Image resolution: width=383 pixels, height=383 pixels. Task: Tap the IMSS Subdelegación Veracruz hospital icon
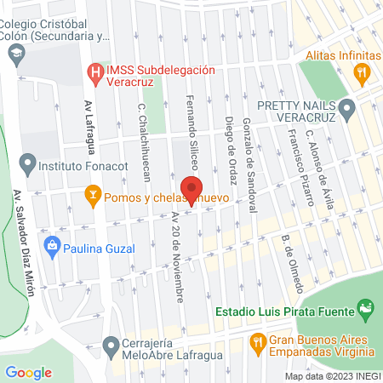pos(97,72)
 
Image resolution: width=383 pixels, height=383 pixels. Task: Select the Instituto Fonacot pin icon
pos(27,161)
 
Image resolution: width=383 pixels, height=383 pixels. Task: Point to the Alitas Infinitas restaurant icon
pos(363,72)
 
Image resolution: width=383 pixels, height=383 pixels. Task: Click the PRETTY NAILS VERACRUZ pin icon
pos(346,107)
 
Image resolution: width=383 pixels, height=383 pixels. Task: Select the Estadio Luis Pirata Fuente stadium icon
pos(365,306)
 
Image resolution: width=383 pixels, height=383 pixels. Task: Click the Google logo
pos(28,372)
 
